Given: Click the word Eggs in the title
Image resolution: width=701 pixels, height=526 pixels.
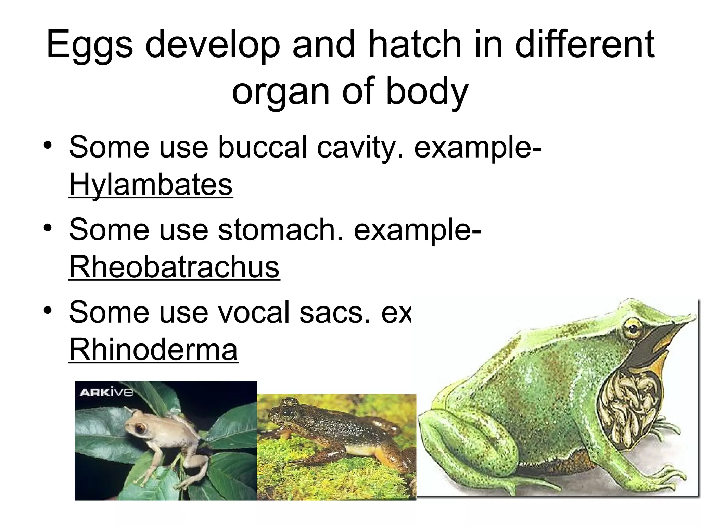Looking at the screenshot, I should point(90,45).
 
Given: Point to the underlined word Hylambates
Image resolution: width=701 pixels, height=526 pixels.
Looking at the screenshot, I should point(151,185).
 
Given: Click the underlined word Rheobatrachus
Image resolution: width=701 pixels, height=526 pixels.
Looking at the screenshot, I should point(174,267).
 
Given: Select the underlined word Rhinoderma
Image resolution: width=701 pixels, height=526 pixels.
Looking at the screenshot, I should point(153,350).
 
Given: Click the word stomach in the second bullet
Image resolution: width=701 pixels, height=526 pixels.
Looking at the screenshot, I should point(281,230).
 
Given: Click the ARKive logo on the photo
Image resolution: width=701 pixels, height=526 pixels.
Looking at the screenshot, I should point(106,392).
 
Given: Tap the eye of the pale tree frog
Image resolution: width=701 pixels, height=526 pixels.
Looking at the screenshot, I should point(140,428).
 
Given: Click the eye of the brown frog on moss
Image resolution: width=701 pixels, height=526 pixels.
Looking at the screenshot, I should point(288,414).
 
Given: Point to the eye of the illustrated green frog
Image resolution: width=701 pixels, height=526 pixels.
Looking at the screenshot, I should point(633,329).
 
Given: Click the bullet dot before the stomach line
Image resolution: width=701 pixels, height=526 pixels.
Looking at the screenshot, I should point(48,228).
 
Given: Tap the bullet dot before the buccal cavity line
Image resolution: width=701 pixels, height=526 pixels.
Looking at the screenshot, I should point(48,145).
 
